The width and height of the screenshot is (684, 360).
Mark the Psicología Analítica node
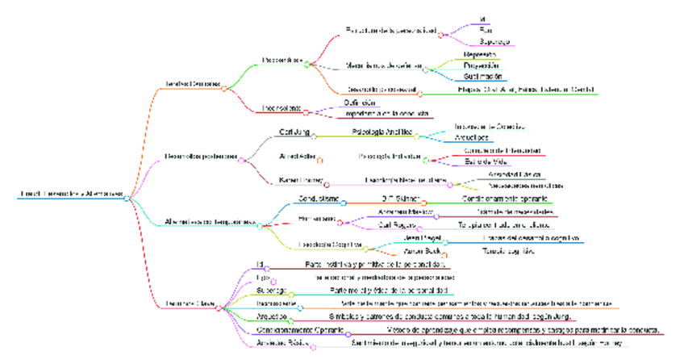[382, 131]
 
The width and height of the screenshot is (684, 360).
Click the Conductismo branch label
[300, 198]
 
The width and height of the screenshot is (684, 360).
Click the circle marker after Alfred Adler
[320, 159]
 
